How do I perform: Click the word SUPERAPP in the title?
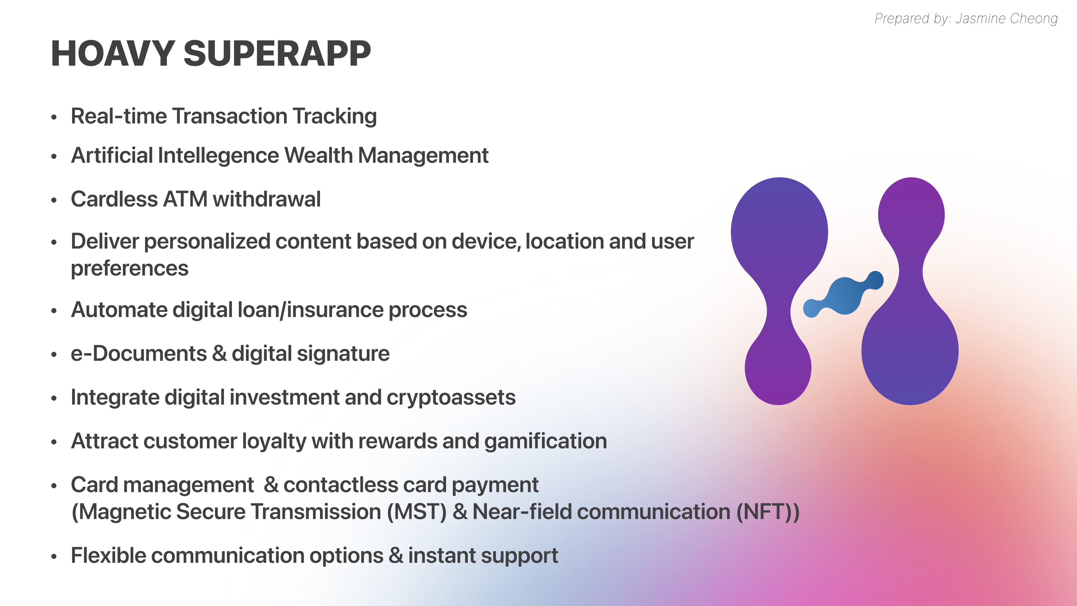277,54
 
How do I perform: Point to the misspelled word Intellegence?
218,156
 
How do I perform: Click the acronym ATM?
185,199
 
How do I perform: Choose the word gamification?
546,442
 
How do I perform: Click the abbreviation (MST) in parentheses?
417,512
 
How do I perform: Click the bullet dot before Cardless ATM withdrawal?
54,200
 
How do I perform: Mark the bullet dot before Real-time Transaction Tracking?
54,118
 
